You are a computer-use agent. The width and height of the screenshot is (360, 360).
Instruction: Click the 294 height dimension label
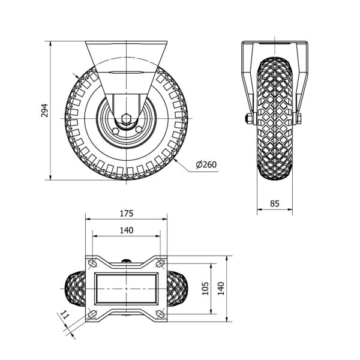tap(44, 110)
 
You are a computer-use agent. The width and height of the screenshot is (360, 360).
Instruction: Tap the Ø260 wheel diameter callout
tap(206, 164)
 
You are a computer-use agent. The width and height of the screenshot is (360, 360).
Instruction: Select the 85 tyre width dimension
tap(275, 203)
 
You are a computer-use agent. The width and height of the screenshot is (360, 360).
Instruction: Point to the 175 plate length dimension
tap(127, 214)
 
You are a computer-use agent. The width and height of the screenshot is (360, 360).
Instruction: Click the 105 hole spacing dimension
tap(205, 289)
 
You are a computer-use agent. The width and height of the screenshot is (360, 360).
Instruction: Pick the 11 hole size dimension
tap(65, 315)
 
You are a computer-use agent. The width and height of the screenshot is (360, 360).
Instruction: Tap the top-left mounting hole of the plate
tap(92, 263)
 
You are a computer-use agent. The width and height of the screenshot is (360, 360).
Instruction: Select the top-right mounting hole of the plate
tap(160, 263)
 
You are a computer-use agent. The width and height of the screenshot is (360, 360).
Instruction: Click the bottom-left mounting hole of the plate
tap(92, 314)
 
